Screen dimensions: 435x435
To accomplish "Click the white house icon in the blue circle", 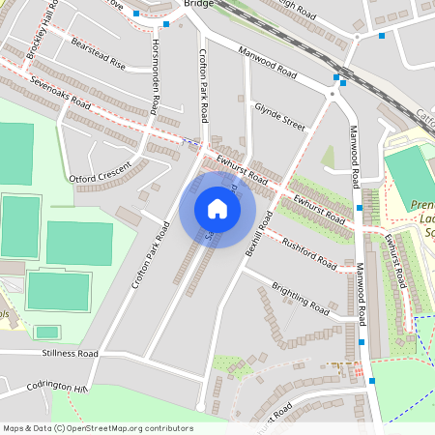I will coord(217,209).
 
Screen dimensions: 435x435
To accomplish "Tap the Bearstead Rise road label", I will coord(99,54).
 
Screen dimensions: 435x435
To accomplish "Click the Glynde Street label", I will coord(278,118).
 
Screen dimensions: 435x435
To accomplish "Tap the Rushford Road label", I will coord(309,253).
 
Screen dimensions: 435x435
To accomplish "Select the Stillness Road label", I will coord(70,355).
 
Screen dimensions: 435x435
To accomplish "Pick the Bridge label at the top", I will coord(198,5).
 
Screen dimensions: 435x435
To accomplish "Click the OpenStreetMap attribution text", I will coord(98,428).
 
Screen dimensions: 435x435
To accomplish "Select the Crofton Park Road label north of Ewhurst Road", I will coord(204,87).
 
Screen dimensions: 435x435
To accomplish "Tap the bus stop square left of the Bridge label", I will coord(167,23).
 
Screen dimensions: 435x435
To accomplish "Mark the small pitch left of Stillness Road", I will coord(46,332).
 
